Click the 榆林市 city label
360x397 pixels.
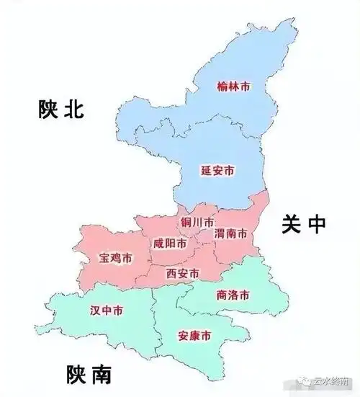click(x=234, y=86)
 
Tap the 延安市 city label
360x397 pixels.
click(x=217, y=171)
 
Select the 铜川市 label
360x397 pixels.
click(x=197, y=222)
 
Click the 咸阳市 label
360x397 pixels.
click(x=170, y=244)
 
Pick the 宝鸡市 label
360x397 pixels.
click(x=116, y=257)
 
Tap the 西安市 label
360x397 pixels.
click(x=183, y=273)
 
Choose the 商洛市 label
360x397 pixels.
click(x=233, y=295)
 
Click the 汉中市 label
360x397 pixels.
click(x=106, y=311)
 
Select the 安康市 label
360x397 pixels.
click(x=194, y=336)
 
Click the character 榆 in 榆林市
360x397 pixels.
click(x=222, y=86)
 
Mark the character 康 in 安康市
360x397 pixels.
click(x=194, y=336)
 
